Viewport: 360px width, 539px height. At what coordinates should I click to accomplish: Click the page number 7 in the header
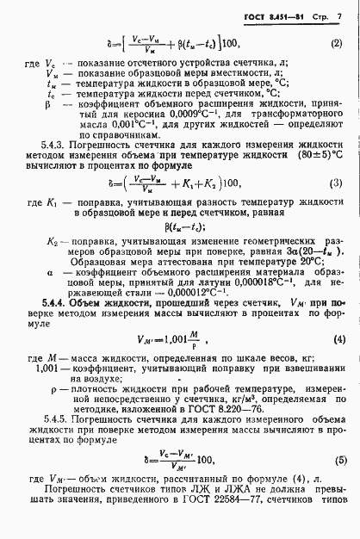(x=340, y=17)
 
